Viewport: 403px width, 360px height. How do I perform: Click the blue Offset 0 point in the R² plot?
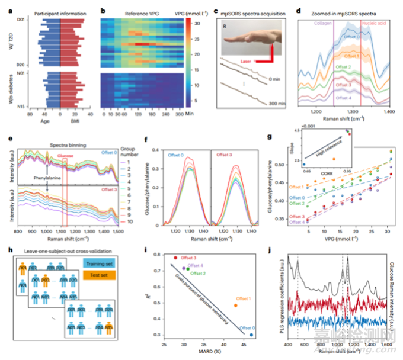(x=252, y=335)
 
